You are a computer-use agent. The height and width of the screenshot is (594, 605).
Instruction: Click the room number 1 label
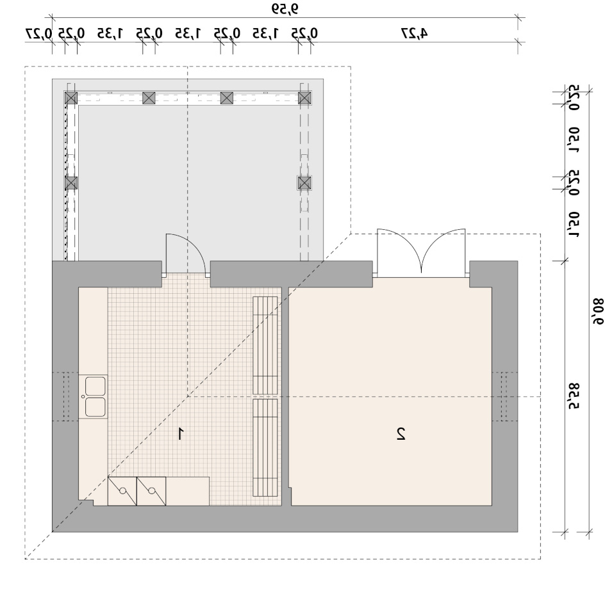click(x=180, y=433)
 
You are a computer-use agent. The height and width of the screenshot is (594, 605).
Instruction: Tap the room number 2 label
click(x=401, y=433)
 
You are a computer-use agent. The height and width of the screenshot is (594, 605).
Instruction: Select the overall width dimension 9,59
click(x=285, y=8)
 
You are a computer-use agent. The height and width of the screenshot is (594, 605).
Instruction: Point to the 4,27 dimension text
click(x=415, y=33)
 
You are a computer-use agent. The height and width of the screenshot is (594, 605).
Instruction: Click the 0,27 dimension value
click(x=38, y=33)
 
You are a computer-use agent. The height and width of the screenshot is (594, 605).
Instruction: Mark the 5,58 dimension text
click(x=574, y=396)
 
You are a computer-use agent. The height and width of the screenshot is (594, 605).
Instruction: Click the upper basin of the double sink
click(x=95, y=386)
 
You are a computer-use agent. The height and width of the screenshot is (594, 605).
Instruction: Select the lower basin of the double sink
click(x=95, y=407)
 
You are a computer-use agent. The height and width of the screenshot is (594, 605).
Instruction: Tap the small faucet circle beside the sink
click(x=83, y=397)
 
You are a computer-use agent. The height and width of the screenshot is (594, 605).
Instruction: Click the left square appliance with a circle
click(x=122, y=491)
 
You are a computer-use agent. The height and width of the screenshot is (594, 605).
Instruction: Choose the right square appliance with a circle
click(x=152, y=491)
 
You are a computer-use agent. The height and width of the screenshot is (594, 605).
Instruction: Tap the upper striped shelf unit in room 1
click(x=265, y=346)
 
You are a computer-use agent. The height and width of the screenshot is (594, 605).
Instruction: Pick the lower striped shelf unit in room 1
click(x=265, y=447)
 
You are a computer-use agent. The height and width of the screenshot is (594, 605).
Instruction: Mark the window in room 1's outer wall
click(x=65, y=397)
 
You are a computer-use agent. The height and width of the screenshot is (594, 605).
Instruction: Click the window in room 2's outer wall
click(x=504, y=397)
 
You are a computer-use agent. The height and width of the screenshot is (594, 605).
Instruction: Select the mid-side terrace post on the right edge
click(x=304, y=183)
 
